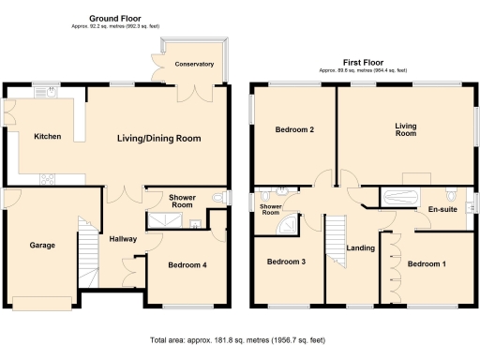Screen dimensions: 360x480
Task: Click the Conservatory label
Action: click(194, 65)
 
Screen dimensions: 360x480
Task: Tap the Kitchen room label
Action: click(48, 137)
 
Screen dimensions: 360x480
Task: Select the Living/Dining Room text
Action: click(159, 139)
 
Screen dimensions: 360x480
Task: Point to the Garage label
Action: click(41, 246)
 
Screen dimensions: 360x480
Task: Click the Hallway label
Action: click(123, 239)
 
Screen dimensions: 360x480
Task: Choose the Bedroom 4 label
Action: click(187, 265)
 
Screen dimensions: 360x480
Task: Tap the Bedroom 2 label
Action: click(293, 130)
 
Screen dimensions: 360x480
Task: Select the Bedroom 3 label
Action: click(286, 262)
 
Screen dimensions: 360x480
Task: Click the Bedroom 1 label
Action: click(427, 264)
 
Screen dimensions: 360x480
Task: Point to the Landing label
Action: click(361, 248)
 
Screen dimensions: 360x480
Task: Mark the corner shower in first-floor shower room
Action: click(292, 225)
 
